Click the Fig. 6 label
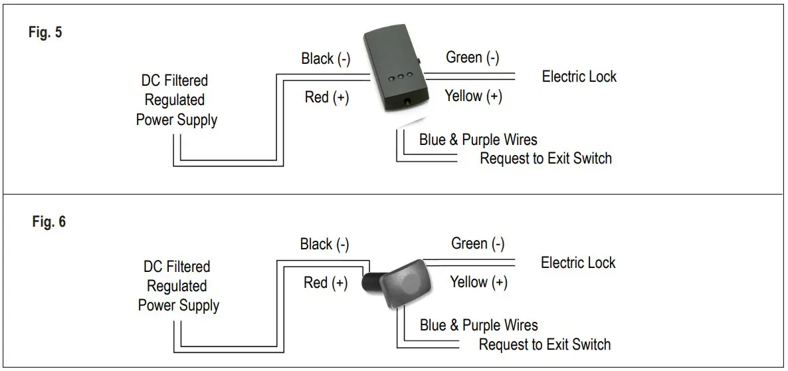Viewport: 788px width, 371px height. click(49, 222)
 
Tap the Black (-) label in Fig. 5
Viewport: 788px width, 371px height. click(326, 59)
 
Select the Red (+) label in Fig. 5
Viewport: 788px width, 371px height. click(326, 97)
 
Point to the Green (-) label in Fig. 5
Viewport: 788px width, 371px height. click(472, 58)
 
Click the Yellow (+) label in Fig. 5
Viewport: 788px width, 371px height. click(473, 96)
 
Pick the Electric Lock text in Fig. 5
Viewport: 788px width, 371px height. click(579, 76)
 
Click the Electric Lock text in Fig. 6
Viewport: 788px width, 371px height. click(578, 263)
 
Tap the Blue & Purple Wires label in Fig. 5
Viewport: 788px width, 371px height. click(478, 140)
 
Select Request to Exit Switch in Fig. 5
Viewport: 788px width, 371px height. click(545, 158)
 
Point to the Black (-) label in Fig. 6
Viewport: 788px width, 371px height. click(324, 245)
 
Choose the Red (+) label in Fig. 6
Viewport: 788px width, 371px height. click(326, 283)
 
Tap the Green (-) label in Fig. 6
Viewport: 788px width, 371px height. click(478, 244)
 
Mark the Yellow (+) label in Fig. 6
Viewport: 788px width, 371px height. click(478, 282)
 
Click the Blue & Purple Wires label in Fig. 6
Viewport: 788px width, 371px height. click(478, 326)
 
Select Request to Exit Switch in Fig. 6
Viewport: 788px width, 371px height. click(545, 344)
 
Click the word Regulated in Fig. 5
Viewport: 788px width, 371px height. click(175, 100)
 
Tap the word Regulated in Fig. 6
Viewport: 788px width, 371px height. click(177, 287)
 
